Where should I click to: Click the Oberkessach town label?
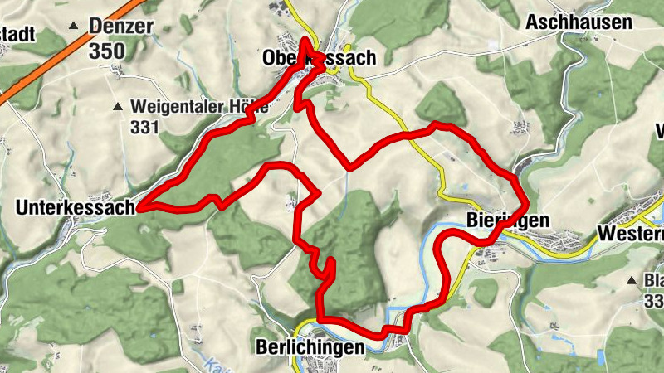pos(319,58)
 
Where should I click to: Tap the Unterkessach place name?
pos(74,208)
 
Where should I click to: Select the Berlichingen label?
pos(310,347)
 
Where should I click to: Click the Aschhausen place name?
pos(579,23)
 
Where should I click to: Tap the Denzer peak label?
pos(121,26)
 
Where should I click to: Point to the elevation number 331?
pos(144,127)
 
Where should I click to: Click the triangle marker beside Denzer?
pos(74,27)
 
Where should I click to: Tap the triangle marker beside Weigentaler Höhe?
pos(119,107)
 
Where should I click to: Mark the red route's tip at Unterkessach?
pos(140,207)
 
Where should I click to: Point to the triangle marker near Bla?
pos(632,280)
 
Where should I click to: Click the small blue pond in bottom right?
pos(600,356)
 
